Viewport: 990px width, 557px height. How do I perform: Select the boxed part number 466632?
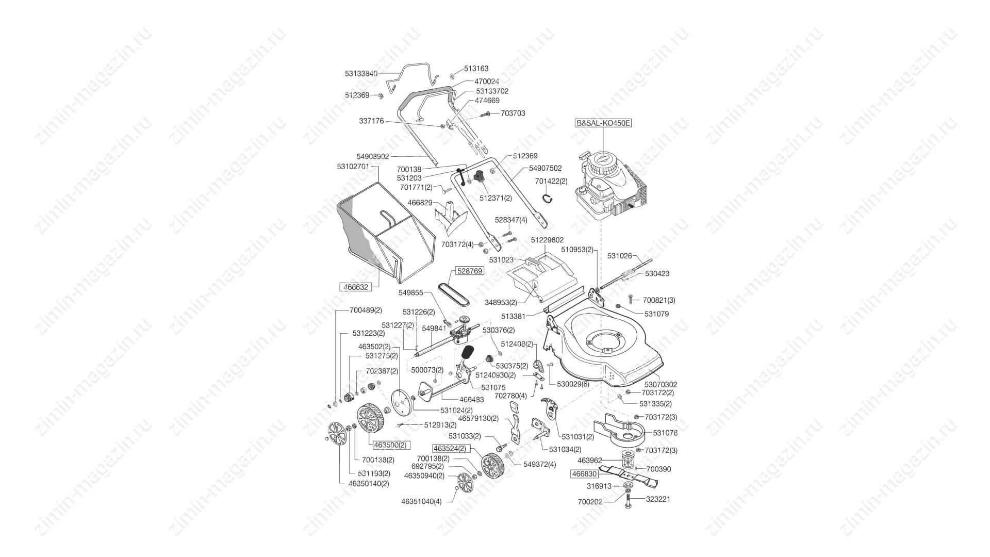[356, 287]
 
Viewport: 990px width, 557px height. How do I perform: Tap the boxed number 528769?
[469, 271]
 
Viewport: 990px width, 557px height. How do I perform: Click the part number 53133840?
[361, 74]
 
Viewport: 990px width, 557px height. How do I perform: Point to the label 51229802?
[547, 240]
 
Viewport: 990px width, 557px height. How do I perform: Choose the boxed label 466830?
[584, 474]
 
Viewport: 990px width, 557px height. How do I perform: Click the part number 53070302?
[661, 384]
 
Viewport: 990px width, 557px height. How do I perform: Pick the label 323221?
[657, 499]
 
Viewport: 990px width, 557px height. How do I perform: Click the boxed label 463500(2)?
[389, 445]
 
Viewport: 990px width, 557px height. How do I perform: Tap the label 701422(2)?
[551, 181]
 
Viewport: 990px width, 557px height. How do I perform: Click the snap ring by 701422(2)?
[549, 199]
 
